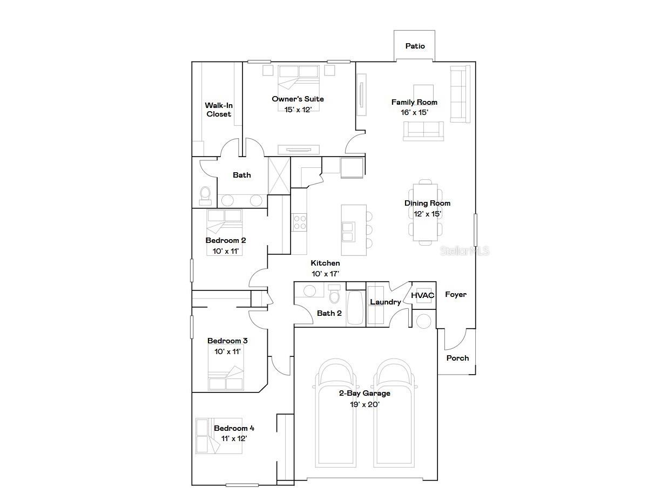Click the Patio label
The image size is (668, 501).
pyautogui.click(x=415, y=46)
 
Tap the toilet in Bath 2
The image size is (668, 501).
pyautogui.click(x=334, y=294)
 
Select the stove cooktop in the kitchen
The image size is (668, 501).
pyautogui.click(x=300, y=222)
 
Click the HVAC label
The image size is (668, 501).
pyautogui.click(x=422, y=295)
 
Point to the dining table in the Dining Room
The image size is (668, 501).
pyautogui.click(x=425, y=212)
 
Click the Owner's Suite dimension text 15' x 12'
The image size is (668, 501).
pyautogui.click(x=298, y=110)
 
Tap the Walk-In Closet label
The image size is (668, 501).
pyautogui.click(x=219, y=110)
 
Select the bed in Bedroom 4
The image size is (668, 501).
pyautogui.click(x=219, y=436)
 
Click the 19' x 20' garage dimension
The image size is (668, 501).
pyautogui.click(x=365, y=404)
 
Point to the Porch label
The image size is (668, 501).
pyautogui.click(x=457, y=358)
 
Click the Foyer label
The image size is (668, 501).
pyautogui.click(x=456, y=294)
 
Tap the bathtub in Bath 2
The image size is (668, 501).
pyautogui.click(x=355, y=308)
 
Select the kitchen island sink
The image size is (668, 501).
pyautogui.click(x=348, y=232)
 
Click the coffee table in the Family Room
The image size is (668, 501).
pyautogui.click(x=423, y=95)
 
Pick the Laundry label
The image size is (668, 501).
pyautogui.click(x=385, y=302)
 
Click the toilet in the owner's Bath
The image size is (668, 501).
pyautogui.click(x=205, y=195)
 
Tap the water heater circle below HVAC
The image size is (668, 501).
pyautogui.click(x=423, y=321)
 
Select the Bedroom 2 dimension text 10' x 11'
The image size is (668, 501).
pyautogui.click(x=226, y=251)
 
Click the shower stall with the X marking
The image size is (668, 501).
pyautogui.click(x=279, y=176)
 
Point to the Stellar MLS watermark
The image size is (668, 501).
pyautogui.click(x=464, y=251)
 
